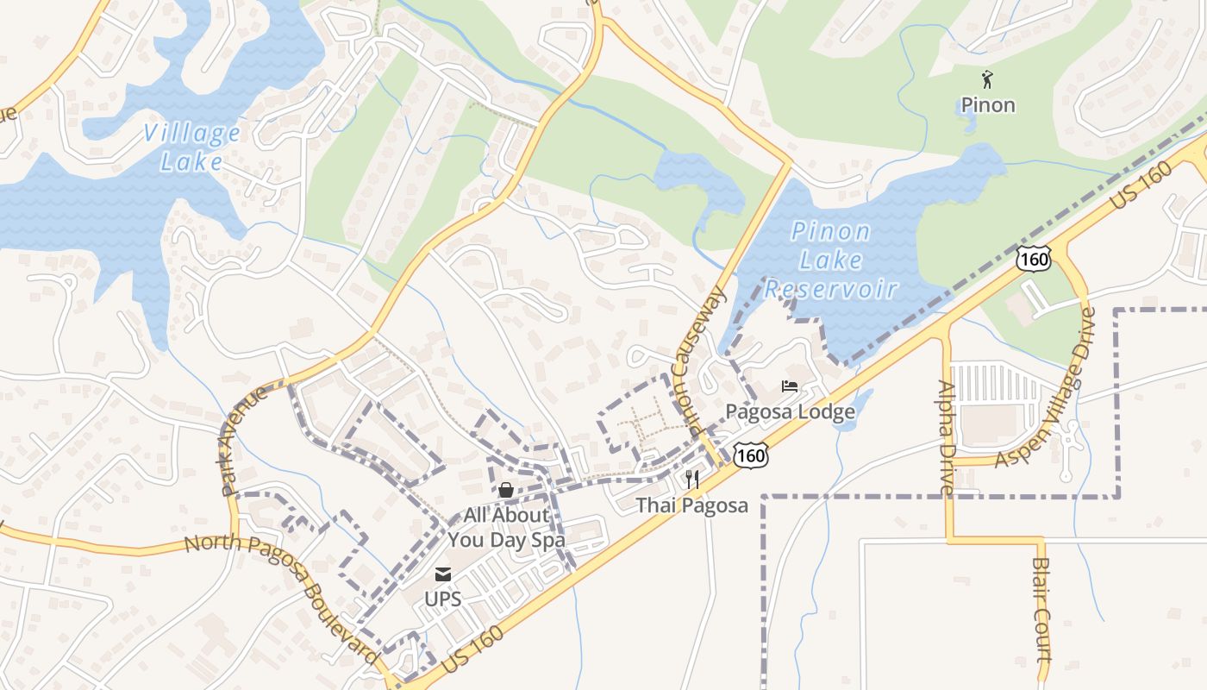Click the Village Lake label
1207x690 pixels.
tap(192, 147)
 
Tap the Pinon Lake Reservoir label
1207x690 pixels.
tap(830, 260)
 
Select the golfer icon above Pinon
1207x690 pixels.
tap(988, 80)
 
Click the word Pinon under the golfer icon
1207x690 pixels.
tap(988, 105)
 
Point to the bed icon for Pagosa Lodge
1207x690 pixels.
tap(790, 386)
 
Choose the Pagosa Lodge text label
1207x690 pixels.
tap(790, 411)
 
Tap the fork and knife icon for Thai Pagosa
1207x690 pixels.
tap(692, 479)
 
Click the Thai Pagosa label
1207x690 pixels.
tap(692, 505)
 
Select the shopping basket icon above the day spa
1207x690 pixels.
tap(506, 490)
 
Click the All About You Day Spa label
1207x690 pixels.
tap(506, 528)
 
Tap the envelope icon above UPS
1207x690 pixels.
tap(443, 574)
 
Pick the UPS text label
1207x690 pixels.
tap(443, 599)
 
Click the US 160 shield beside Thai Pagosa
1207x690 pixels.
tap(752, 455)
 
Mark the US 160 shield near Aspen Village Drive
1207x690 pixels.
tap(1033, 257)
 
